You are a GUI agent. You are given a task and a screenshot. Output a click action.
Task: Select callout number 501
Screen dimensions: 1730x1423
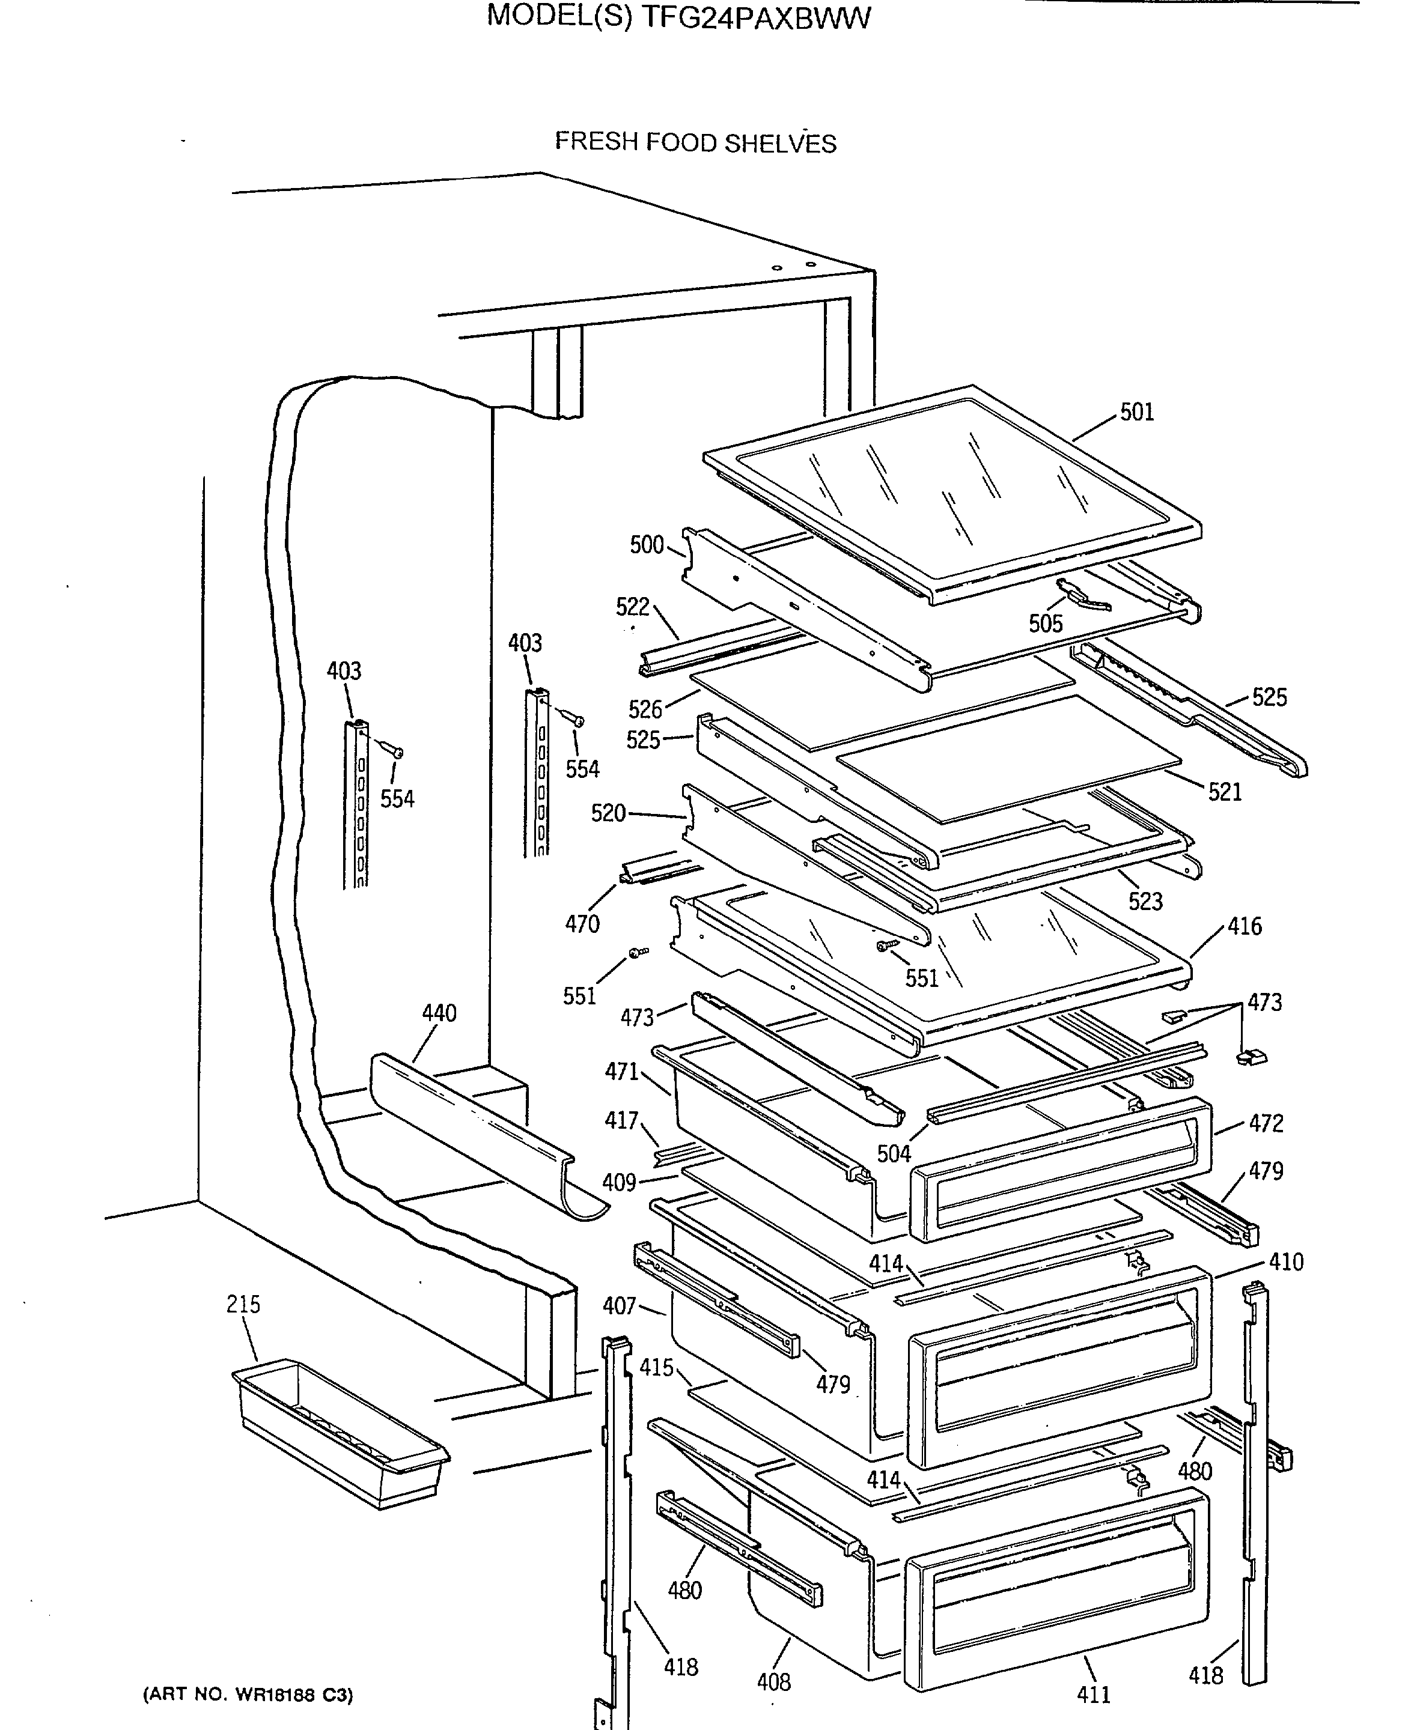click(1137, 412)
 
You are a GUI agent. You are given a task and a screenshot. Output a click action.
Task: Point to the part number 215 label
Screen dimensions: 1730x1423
click(243, 1304)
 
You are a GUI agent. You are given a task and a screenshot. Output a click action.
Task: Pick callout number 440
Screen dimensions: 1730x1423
click(439, 1013)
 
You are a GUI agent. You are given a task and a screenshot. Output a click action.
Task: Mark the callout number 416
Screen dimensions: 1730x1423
click(1245, 927)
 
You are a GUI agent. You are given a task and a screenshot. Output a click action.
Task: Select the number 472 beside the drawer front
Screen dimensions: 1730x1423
click(1266, 1123)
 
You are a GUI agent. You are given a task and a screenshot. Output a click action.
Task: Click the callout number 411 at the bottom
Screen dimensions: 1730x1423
click(1094, 1694)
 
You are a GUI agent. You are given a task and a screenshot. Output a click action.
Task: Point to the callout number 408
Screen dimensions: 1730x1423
click(774, 1683)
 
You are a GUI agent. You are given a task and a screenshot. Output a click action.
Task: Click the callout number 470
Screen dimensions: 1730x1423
click(582, 924)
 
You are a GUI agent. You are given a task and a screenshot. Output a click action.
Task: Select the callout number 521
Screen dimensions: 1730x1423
click(1225, 792)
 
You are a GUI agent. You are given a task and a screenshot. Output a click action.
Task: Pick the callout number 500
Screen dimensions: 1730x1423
click(646, 545)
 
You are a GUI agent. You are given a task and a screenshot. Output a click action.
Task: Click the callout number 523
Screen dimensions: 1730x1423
click(1145, 902)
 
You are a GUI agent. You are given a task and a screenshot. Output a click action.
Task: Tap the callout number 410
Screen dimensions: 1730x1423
click(1285, 1262)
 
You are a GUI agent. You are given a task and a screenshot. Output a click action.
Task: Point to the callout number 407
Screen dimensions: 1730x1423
click(619, 1305)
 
